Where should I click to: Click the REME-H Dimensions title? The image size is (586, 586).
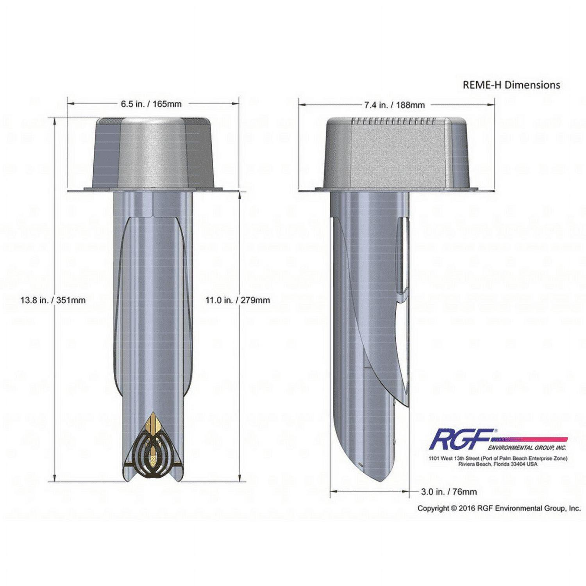(511, 85)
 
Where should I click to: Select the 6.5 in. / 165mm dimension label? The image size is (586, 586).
(151, 104)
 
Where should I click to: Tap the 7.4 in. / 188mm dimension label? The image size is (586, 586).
(394, 105)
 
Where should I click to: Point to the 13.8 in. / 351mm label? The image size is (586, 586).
(53, 300)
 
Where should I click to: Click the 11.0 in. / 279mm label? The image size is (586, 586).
(238, 300)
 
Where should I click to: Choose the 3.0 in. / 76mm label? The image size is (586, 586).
(449, 491)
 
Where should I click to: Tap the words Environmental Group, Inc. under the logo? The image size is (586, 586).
(527, 447)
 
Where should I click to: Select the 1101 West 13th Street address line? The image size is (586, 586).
(498, 458)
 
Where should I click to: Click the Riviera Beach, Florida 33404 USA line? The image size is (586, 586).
(498, 464)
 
